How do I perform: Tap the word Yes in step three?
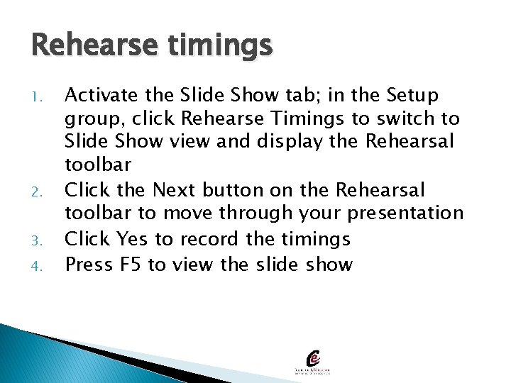point(131,239)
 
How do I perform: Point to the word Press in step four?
point(89,264)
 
